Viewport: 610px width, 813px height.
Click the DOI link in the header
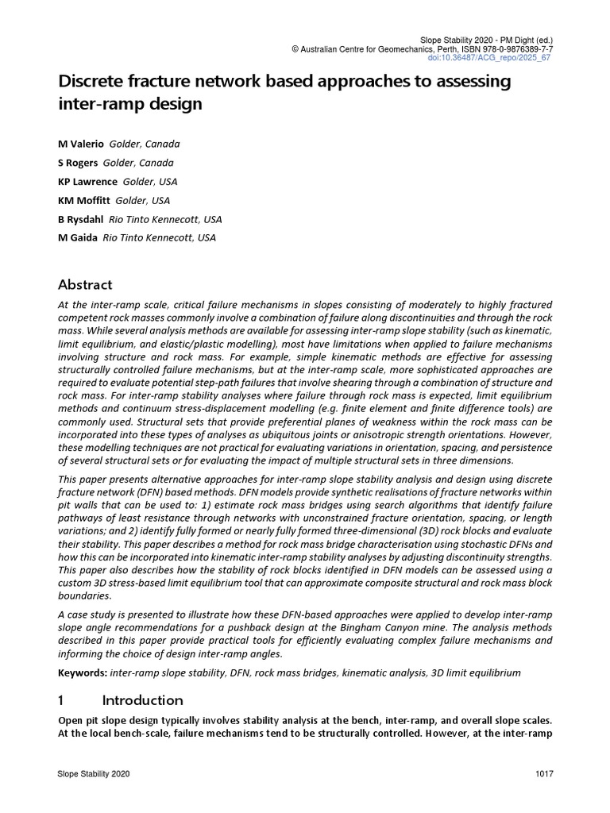[500, 58]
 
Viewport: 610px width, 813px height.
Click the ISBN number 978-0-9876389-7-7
[510, 49]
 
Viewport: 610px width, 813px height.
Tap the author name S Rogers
[78, 163]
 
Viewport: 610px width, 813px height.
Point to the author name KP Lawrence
[87, 181]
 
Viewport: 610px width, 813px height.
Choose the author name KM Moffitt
[84, 200]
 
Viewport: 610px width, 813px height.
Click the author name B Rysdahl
[80, 219]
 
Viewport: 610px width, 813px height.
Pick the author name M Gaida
[77, 237]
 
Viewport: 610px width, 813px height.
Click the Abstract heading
[86, 284]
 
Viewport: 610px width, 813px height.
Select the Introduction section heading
[143, 700]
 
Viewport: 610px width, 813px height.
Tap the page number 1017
[544, 774]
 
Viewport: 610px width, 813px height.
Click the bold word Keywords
[83, 672]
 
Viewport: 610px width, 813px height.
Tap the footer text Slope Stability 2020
[94, 774]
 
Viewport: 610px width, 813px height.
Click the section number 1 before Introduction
[63, 700]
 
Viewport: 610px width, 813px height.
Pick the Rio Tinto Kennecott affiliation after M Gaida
[158, 237]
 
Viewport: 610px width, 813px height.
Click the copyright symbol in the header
[295, 49]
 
